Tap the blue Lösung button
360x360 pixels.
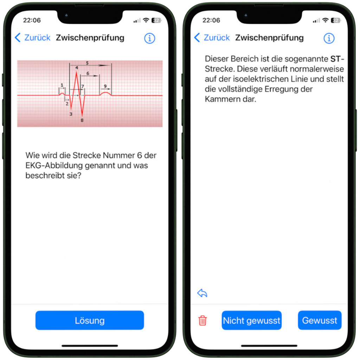(x=90, y=320)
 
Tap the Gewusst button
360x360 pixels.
(x=319, y=320)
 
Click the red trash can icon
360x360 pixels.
(x=202, y=320)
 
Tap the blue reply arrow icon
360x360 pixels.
(x=202, y=293)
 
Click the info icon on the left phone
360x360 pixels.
(x=149, y=38)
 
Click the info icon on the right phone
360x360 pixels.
(x=329, y=38)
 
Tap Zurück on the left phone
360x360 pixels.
(x=33, y=38)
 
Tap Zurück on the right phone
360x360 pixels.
(x=212, y=38)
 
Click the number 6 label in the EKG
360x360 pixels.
(x=88, y=73)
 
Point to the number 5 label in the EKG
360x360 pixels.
(x=87, y=63)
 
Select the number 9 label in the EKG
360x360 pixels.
(x=105, y=86)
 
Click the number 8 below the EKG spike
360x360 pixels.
(x=82, y=120)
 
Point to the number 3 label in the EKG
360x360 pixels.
(x=71, y=114)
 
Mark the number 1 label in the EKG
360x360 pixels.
(x=62, y=85)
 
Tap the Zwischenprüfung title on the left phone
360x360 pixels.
(x=90, y=38)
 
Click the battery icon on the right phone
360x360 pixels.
(x=335, y=20)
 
